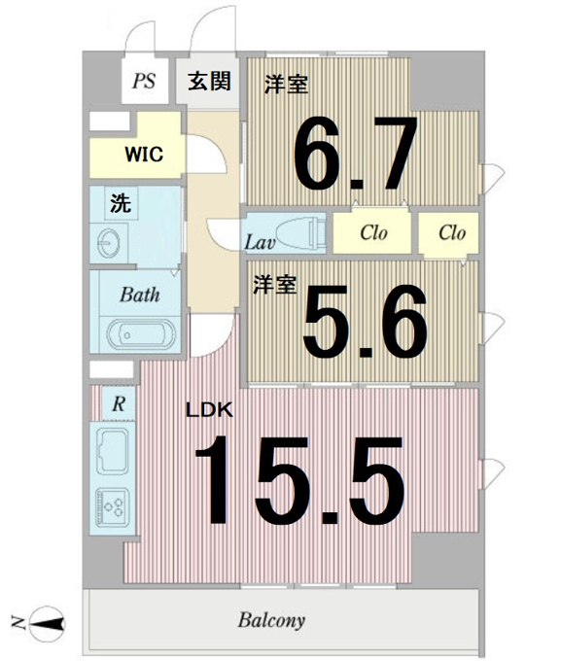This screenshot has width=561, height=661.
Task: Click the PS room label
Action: click(144, 81)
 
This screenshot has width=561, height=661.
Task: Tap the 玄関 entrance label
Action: click(209, 81)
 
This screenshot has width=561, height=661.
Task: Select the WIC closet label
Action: click(144, 155)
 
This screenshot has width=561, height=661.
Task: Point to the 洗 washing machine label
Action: click(121, 203)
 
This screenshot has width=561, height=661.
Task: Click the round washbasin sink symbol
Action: click(108, 243)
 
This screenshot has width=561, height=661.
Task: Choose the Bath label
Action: click(140, 295)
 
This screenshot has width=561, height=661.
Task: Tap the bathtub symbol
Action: click(141, 334)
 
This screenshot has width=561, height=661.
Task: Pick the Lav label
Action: click(260, 242)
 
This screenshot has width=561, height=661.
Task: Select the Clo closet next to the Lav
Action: click(372, 232)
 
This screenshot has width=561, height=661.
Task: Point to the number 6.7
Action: click(356, 153)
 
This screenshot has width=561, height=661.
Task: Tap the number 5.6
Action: click(365, 321)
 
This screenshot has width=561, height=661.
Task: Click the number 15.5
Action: click(299, 479)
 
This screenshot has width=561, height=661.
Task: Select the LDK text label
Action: click(210, 410)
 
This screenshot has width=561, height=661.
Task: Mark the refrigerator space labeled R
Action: click(119, 403)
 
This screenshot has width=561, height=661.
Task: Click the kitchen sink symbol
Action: click(112, 451)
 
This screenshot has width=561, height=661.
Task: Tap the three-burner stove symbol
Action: click(112, 506)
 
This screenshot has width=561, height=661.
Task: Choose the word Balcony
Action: click(271, 620)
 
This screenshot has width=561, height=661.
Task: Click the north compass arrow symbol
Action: click(48, 623)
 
